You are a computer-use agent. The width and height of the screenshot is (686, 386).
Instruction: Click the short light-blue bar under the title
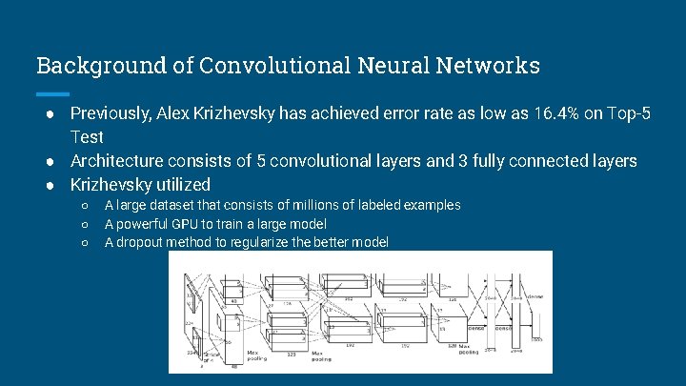coord(52,93)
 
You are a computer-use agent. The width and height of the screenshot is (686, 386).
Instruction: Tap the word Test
coord(87,137)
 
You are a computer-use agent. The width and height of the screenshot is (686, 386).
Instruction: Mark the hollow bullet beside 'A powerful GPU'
coord(85,225)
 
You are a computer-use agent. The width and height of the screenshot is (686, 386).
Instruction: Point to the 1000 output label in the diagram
coord(536,340)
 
